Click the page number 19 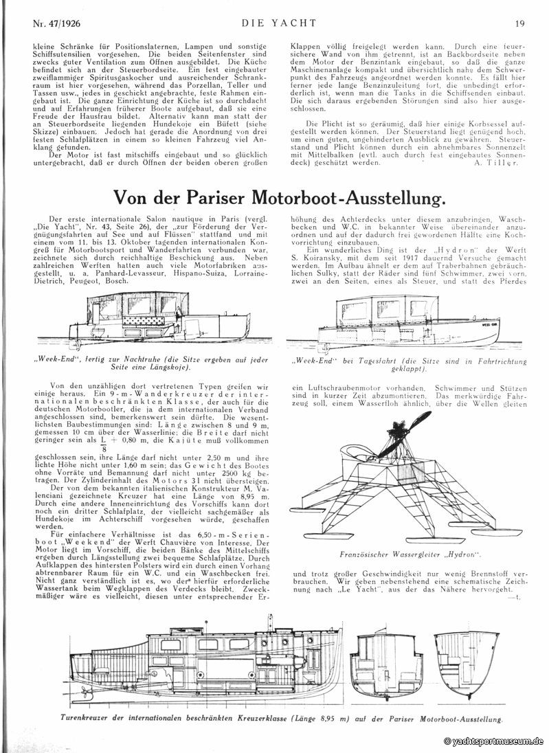520,23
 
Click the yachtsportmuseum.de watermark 494,741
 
